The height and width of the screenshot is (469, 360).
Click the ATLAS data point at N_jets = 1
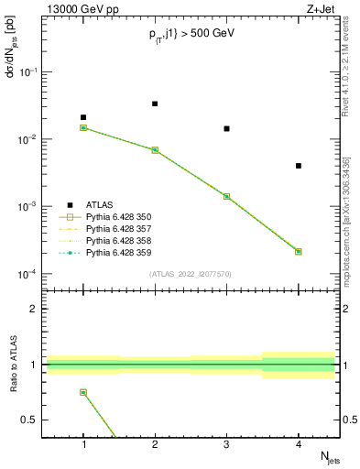click(x=83, y=117)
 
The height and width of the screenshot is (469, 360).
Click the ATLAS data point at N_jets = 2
click(x=155, y=104)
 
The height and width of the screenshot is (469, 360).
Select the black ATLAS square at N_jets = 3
click(x=226, y=128)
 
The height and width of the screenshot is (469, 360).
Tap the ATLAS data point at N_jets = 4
click(x=299, y=166)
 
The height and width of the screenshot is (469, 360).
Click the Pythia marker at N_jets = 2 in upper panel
click(x=155, y=149)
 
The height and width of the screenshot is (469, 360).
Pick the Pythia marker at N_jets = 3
click(x=226, y=196)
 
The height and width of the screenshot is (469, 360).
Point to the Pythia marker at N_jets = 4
click(x=299, y=251)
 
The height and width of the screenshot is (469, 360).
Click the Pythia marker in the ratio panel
click(x=83, y=392)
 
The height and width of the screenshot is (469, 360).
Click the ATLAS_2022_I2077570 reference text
click(x=191, y=273)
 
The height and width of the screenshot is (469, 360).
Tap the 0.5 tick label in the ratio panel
click(x=34, y=420)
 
